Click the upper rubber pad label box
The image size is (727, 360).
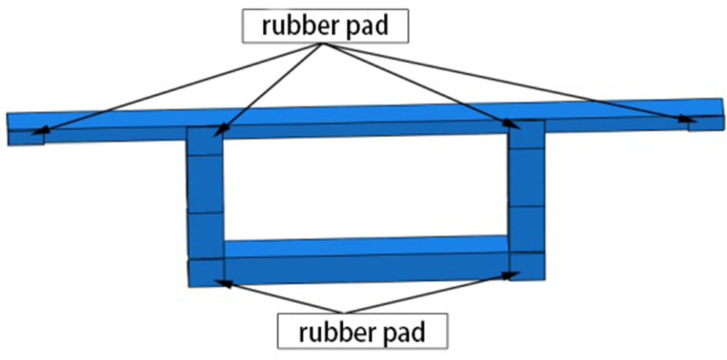324,26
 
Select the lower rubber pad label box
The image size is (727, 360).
362,331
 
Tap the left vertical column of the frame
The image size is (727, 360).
205,205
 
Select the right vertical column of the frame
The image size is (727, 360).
526,200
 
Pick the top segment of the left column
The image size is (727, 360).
204,142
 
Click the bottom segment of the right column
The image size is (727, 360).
526,266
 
